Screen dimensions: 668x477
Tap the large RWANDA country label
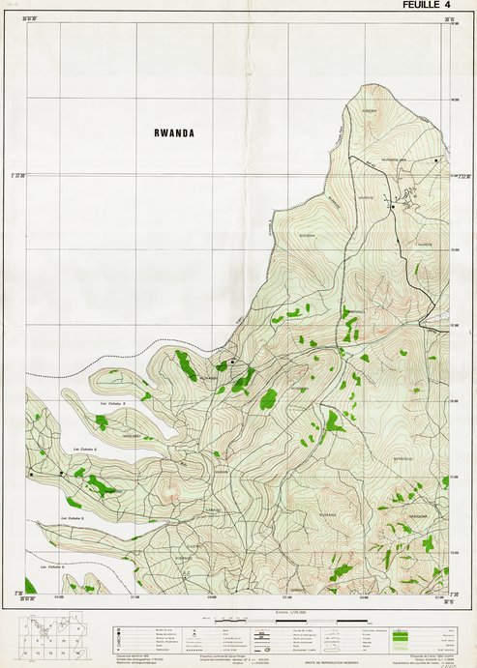click(x=174, y=133)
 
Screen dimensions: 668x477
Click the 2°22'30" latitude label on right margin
click(x=458, y=175)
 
